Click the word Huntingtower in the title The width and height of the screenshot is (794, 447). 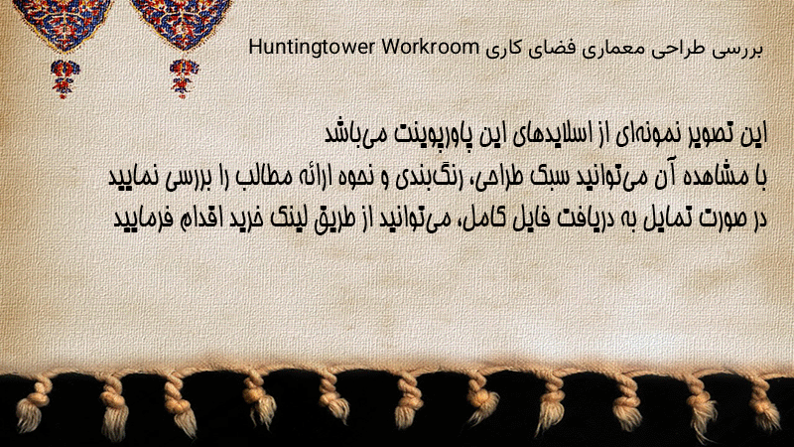311,48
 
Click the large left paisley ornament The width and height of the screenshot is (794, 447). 62,24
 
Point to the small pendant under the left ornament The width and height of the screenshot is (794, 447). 65,78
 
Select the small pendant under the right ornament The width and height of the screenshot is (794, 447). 184,78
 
